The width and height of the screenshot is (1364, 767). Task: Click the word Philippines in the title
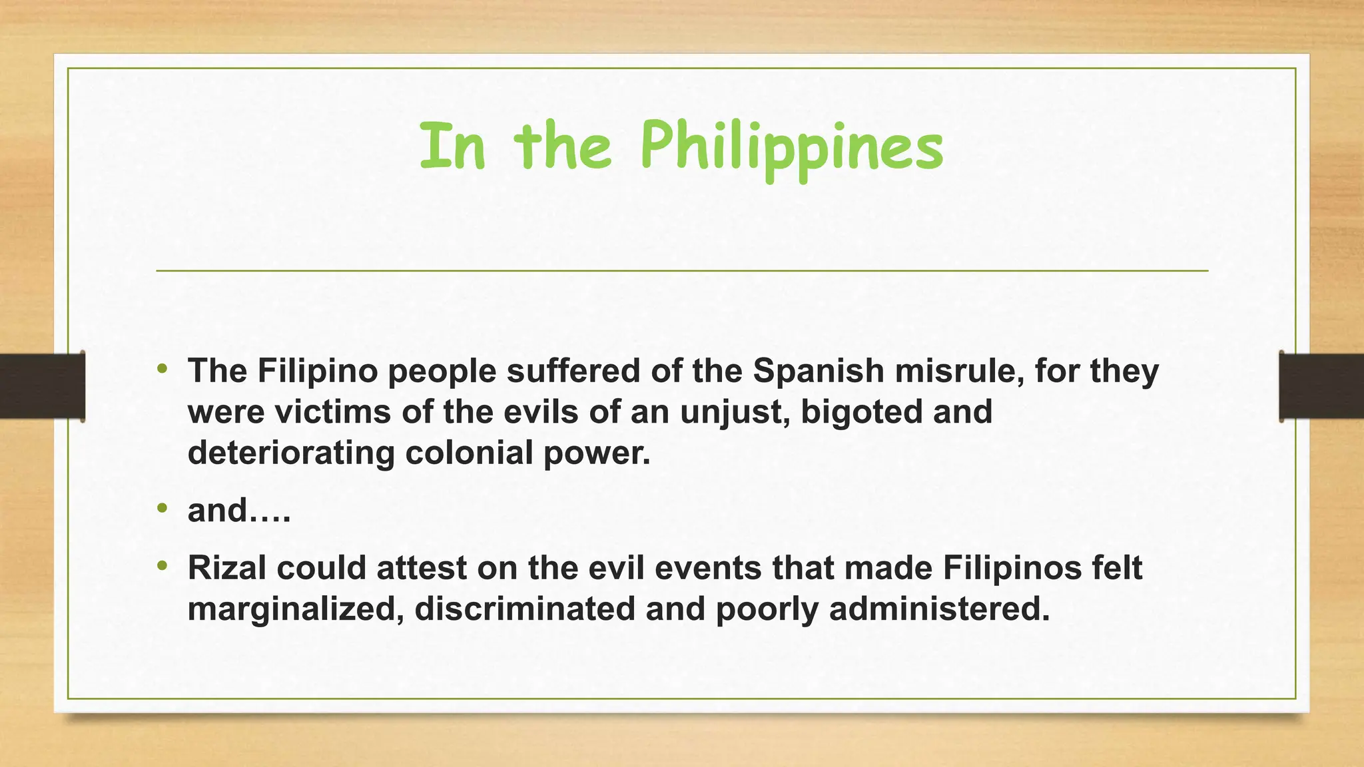coord(791,148)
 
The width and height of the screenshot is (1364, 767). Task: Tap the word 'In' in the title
coord(452,146)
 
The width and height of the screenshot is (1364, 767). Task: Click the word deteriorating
coord(291,453)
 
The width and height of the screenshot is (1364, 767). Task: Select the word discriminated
coord(525,609)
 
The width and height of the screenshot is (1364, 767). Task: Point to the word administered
coord(939,609)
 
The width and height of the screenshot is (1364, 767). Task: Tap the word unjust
coord(735,412)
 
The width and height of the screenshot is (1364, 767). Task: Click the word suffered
coord(573,371)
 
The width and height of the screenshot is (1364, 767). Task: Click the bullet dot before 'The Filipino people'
coord(163,368)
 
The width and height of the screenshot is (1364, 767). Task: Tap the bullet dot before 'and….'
coord(163,508)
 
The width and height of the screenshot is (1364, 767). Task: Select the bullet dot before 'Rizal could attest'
coord(163,565)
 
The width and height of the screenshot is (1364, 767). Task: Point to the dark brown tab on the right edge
coord(1321,386)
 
